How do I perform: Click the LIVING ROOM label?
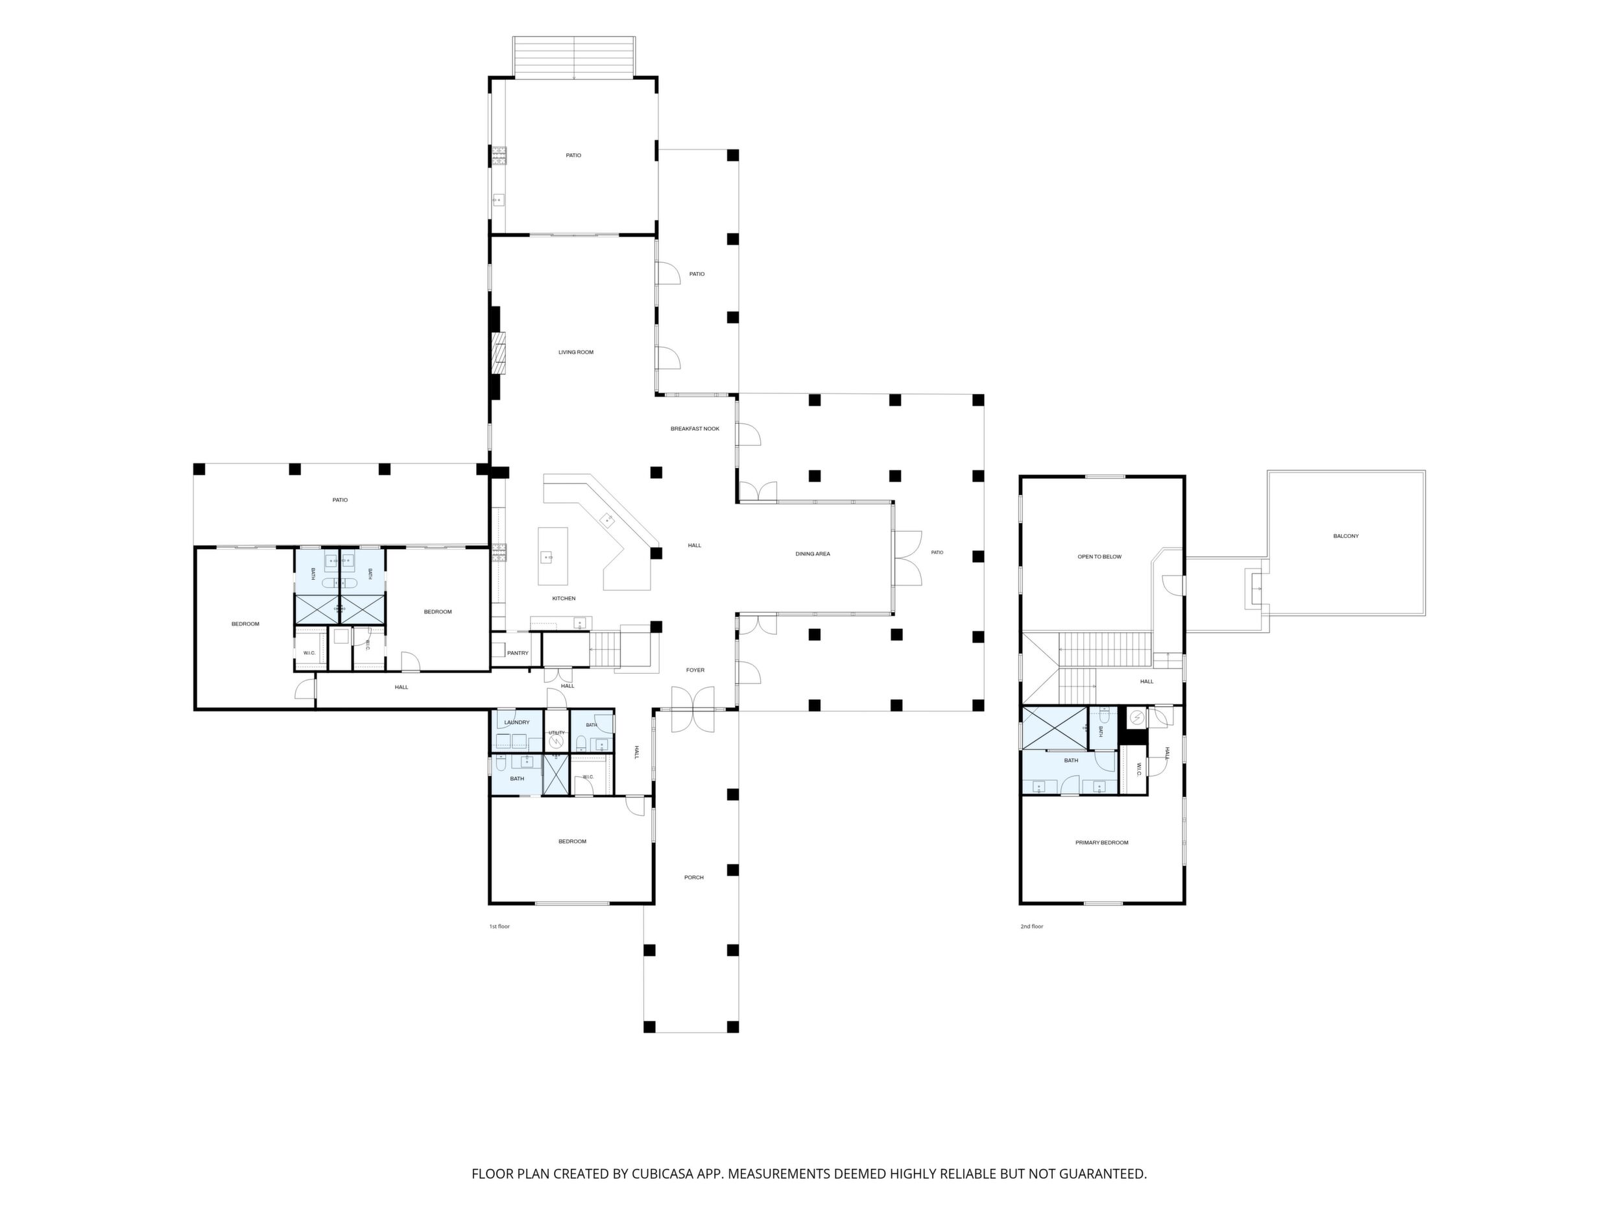coord(576,352)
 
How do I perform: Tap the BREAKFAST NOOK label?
coord(695,428)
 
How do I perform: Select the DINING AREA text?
coord(813,554)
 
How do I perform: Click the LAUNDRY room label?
coord(517,722)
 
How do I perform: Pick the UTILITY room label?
coord(557,732)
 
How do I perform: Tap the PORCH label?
coord(694,877)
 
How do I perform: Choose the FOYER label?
coord(695,670)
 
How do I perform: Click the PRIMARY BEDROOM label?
coord(1101,843)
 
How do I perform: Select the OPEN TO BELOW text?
coord(1099,557)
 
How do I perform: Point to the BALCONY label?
coord(1346,536)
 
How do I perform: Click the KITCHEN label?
coord(564,598)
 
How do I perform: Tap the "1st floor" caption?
coord(499,926)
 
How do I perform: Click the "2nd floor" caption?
coord(1032,926)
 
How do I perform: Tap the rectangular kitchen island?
coord(553,556)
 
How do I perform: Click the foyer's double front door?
coord(692,709)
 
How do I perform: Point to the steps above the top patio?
coord(574,56)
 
